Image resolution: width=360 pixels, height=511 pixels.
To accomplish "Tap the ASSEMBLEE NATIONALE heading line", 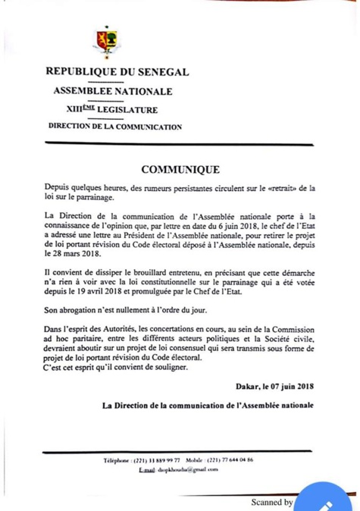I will click(x=111, y=92).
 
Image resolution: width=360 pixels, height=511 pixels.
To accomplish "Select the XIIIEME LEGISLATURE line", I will click(x=111, y=111).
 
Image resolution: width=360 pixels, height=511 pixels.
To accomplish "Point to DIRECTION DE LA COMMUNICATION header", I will click(x=114, y=127).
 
